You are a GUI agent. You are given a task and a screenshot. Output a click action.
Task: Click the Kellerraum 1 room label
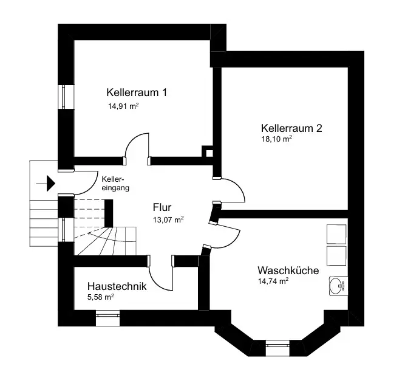click(137, 92)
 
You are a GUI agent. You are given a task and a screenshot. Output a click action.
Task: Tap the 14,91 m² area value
click(123, 106)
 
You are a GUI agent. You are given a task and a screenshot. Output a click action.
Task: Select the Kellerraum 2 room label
click(291, 128)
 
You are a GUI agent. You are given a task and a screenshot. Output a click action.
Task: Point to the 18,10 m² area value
click(277, 139)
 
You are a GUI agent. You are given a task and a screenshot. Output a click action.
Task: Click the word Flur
click(162, 207)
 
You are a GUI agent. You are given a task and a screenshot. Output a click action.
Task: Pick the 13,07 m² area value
click(168, 220)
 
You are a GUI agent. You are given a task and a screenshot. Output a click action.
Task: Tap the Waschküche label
click(288, 271)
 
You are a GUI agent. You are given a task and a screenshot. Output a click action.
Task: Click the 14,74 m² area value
click(273, 281)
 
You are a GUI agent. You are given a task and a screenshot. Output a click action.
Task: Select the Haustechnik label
click(117, 286)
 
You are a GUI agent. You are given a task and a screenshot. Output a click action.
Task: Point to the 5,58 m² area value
click(101, 297)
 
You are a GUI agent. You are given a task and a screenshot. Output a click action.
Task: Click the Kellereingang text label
click(115, 184)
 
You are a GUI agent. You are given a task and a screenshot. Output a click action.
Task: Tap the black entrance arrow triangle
click(51, 184)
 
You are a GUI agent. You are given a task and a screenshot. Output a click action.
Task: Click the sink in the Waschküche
click(338, 286)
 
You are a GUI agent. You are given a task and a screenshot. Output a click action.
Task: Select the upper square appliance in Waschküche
click(336, 234)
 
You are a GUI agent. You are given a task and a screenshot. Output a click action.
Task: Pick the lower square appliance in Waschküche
click(336, 256)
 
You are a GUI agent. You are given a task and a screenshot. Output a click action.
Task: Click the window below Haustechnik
click(107, 318)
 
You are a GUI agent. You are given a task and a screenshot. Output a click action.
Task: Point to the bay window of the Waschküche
click(277, 348)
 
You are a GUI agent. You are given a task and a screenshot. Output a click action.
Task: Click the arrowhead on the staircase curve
click(90, 234)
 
